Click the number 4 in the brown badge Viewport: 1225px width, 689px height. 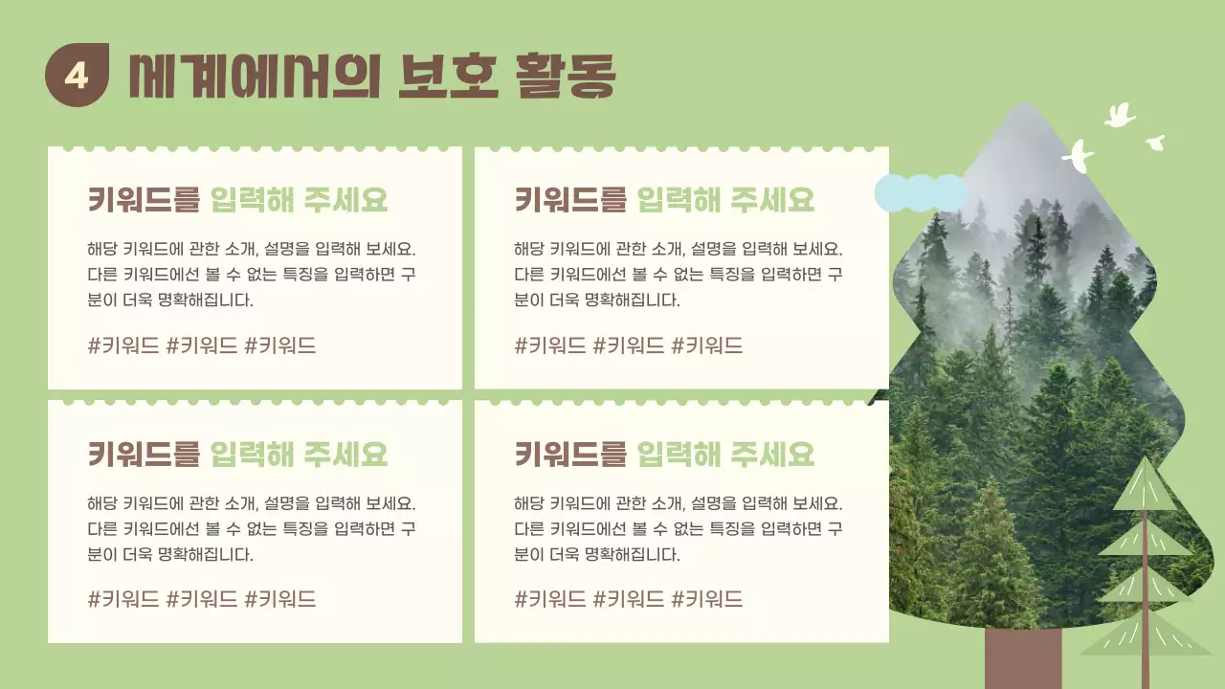tap(77, 75)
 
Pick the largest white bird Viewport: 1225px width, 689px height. tap(1079, 157)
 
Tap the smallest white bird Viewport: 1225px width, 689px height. tap(1156, 143)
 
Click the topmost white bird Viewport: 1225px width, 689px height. tap(1119, 116)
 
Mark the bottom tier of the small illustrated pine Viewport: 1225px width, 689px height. tap(1145, 633)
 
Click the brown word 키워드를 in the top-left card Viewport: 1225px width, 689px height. tap(144, 200)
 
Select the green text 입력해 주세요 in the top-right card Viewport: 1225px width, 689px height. tap(725, 200)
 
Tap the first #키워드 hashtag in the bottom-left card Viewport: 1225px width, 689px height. tap(123, 600)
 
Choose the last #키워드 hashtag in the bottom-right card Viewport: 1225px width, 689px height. tap(707, 600)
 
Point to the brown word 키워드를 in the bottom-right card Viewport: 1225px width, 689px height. tap(570, 454)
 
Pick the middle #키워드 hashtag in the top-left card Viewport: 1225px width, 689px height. tap(202, 346)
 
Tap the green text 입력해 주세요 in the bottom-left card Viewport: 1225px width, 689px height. tap(299, 454)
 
